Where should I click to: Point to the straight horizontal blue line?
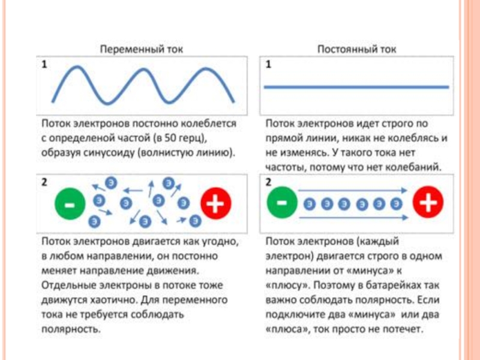[356, 88]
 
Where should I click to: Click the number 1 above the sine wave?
[44, 65]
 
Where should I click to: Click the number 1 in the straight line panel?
[268, 65]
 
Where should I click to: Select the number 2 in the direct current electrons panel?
[268, 182]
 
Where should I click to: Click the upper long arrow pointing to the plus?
[354, 192]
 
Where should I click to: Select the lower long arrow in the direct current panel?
[354, 217]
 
